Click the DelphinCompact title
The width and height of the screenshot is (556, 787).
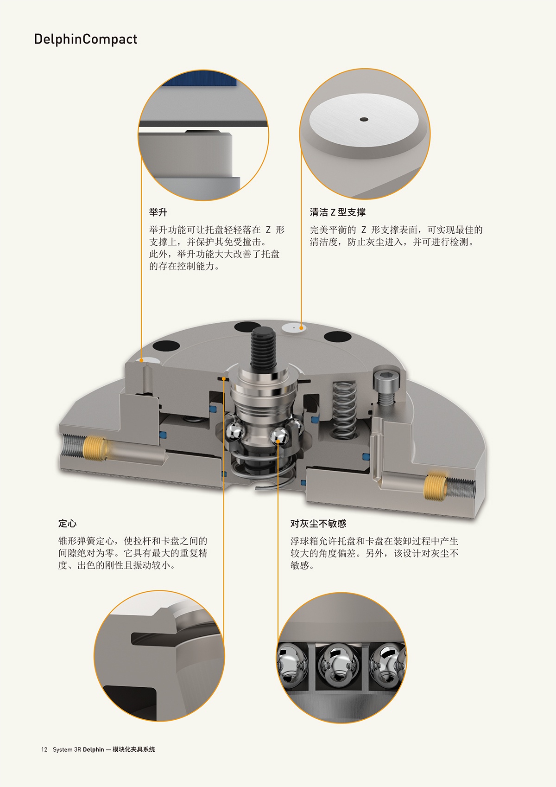[x=85, y=39]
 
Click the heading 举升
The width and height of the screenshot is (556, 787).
[x=158, y=212]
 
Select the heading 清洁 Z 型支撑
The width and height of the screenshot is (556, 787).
[x=337, y=212]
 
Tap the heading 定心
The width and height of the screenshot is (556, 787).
[x=67, y=524]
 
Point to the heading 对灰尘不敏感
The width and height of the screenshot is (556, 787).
[x=318, y=524]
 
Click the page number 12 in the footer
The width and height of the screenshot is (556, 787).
[x=44, y=749]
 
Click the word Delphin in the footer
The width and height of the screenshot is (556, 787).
[x=94, y=749]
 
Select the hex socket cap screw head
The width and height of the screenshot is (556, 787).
[x=386, y=377]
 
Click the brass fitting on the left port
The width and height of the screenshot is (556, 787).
[x=95, y=448]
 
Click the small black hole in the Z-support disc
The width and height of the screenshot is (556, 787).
[x=364, y=120]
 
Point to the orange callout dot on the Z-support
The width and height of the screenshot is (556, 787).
[x=301, y=328]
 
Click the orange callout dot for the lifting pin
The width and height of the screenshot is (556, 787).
[x=141, y=360]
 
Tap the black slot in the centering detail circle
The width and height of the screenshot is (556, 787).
[x=154, y=638]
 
